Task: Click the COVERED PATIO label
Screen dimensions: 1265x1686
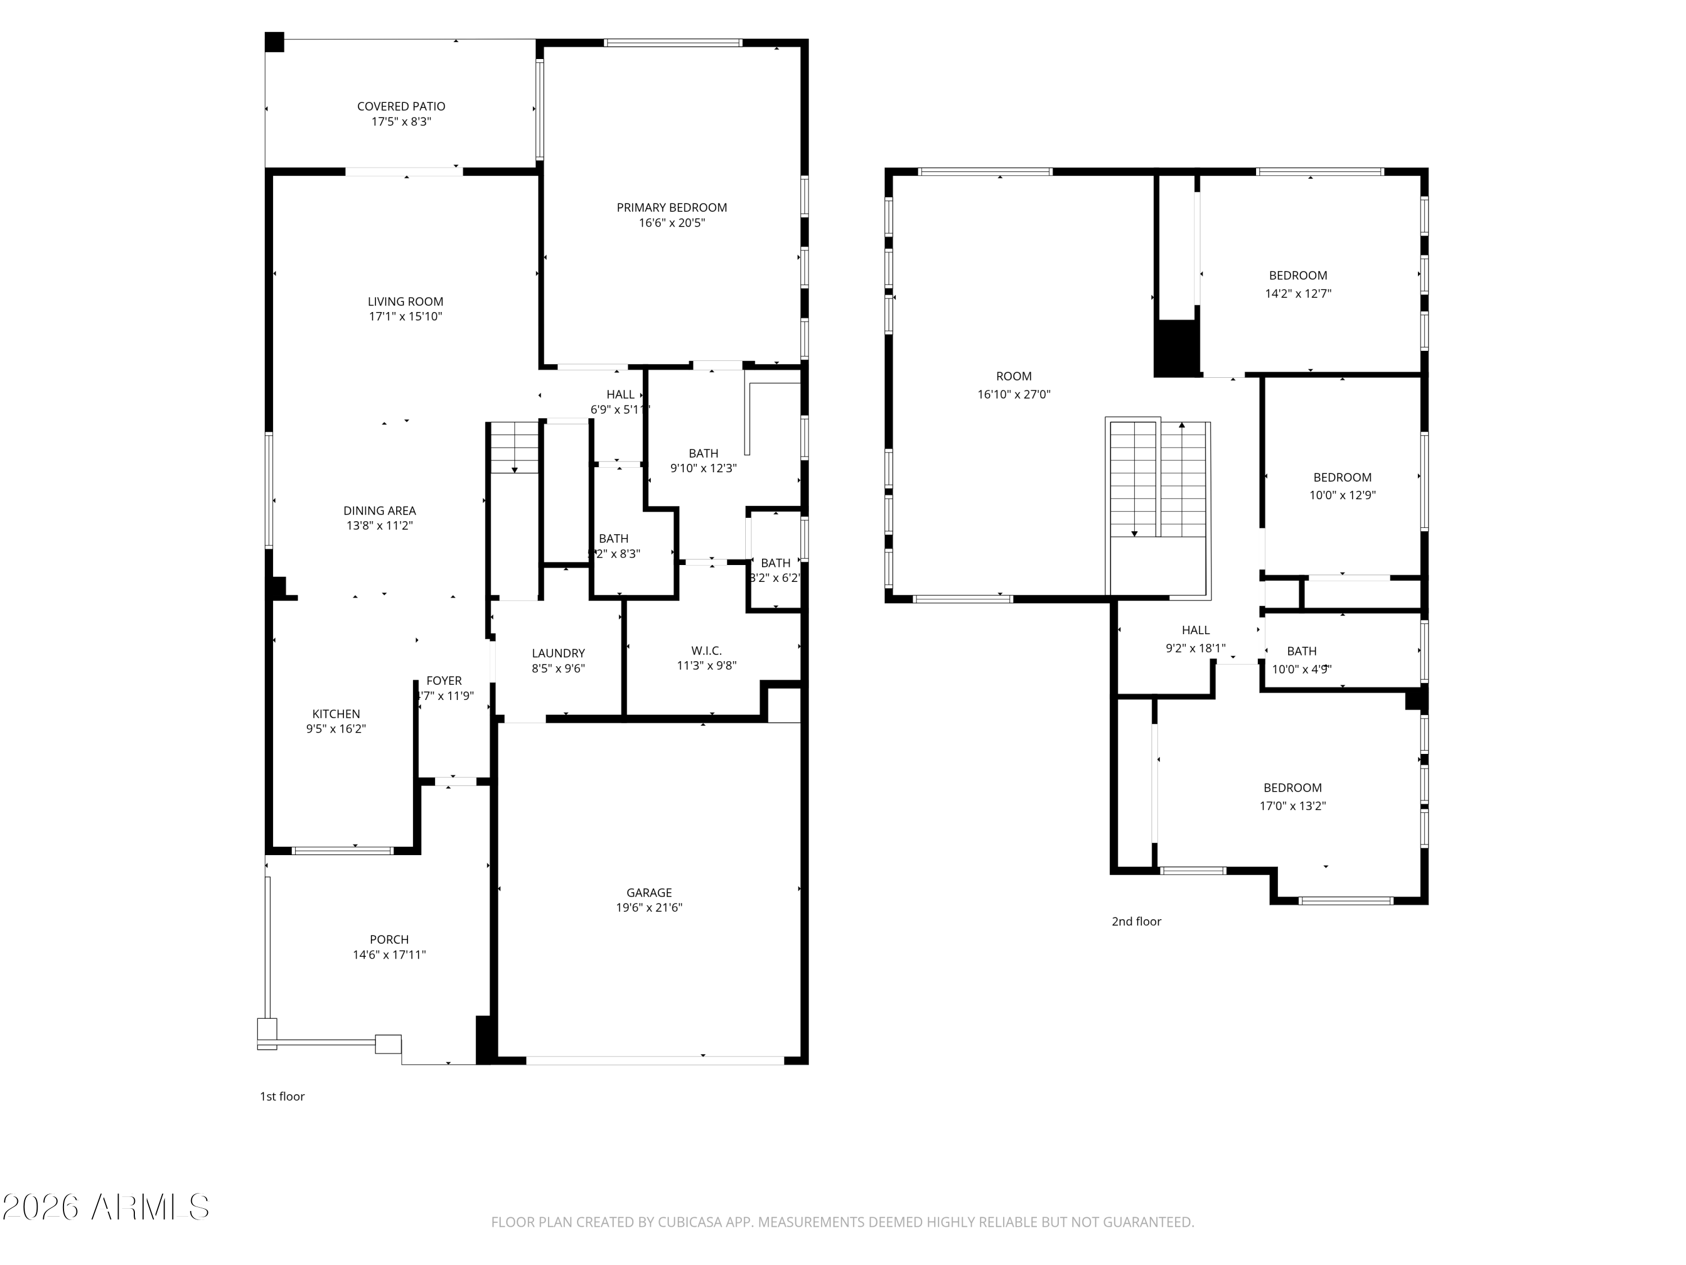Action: (401, 107)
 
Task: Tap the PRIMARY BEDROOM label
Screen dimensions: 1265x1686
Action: (672, 207)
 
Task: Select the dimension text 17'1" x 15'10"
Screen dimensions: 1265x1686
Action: (406, 317)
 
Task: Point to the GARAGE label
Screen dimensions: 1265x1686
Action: (649, 892)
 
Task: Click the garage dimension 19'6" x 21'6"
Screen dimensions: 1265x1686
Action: (649, 907)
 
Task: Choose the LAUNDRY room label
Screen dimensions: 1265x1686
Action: (558, 653)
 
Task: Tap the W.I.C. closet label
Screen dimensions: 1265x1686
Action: (706, 650)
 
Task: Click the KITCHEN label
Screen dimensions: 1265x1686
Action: (336, 713)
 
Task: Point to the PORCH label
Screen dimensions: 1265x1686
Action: (389, 939)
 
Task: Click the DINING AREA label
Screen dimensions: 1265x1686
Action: (379, 511)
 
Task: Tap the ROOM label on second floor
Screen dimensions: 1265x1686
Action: (1014, 376)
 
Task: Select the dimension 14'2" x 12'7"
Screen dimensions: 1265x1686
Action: (1298, 293)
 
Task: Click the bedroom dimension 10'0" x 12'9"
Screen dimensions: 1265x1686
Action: (1342, 495)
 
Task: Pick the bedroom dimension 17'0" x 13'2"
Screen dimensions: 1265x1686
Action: (1293, 806)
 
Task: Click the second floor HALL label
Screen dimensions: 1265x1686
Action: (1195, 630)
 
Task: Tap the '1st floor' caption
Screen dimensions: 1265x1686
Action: (282, 1096)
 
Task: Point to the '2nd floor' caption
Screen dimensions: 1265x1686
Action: (1136, 921)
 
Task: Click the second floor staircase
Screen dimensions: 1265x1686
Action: (1158, 480)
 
